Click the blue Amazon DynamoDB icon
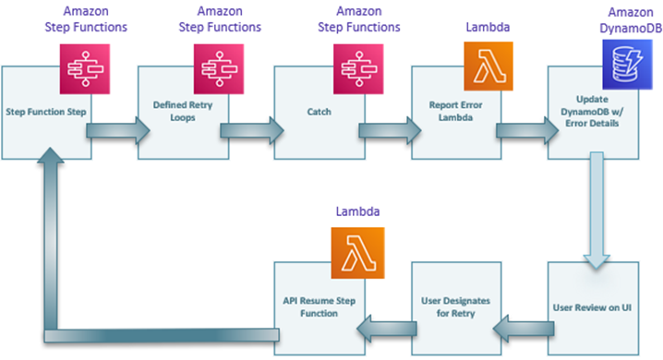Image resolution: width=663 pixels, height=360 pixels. (621, 66)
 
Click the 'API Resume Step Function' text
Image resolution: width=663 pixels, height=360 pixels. (317, 307)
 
